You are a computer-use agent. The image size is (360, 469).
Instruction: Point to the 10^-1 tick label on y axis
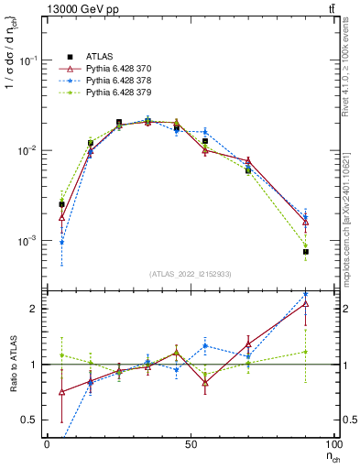[29, 60]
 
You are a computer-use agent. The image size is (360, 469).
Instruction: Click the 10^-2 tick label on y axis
[29, 150]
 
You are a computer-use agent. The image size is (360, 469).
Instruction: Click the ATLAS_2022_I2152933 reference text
[191, 274]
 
